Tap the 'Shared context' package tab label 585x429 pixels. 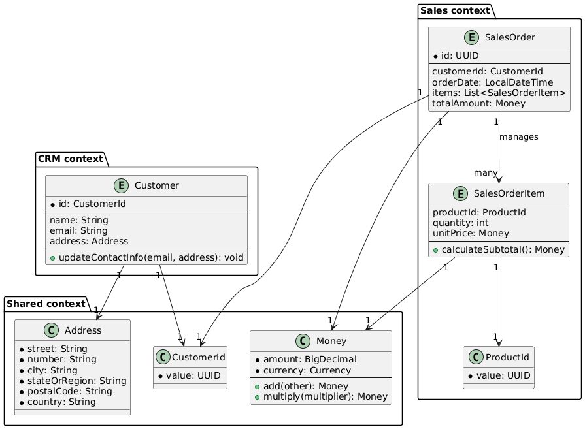point(46,304)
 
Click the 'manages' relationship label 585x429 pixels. point(518,137)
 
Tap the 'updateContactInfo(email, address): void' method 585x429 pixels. point(146,257)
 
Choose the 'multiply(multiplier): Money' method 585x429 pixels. point(323,398)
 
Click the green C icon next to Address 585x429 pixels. point(29,331)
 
